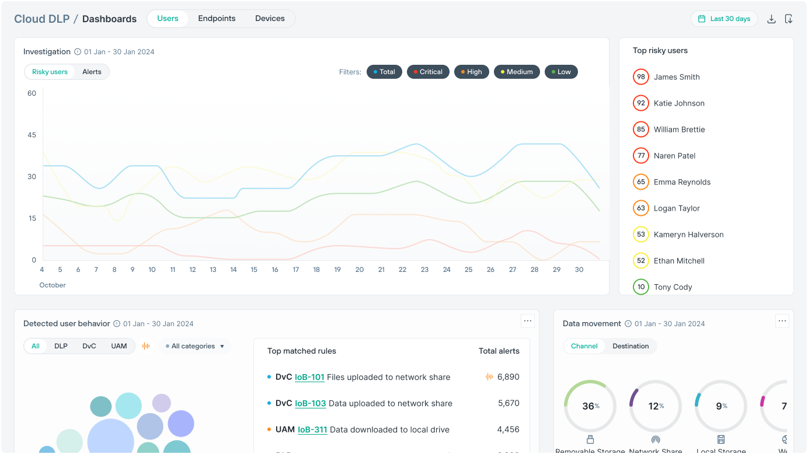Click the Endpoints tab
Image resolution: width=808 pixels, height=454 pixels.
(x=217, y=19)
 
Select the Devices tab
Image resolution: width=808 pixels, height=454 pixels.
(x=270, y=19)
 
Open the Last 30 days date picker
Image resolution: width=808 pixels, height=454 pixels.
(x=724, y=19)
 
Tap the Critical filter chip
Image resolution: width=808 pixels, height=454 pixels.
(x=429, y=72)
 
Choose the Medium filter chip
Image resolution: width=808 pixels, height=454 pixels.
(x=517, y=72)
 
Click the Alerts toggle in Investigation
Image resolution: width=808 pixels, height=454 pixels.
(x=92, y=72)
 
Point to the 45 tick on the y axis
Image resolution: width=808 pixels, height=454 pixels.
(x=32, y=135)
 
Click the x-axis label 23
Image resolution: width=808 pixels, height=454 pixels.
(x=424, y=270)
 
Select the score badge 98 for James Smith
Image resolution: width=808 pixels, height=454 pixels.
(x=641, y=77)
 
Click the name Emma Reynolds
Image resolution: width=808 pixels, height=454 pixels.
(x=682, y=182)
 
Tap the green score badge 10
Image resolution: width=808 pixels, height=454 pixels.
(x=641, y=287)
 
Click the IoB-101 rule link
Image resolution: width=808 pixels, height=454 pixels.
(x=309, y=377)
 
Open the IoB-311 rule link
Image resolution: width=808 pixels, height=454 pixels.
(x=312, y=429)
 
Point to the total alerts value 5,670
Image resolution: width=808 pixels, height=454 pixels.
(x=508, y=403)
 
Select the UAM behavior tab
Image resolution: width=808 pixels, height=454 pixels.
(x=119, y=346)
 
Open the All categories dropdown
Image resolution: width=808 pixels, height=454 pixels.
(x=195, y=346)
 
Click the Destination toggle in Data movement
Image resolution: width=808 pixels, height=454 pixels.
(x=631, y=346)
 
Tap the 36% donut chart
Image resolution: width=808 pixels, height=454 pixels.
(x=590, y=406)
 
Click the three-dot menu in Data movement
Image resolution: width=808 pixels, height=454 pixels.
(x=782, y=321)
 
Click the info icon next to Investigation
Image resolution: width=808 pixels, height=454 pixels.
(x=78, y=52)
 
